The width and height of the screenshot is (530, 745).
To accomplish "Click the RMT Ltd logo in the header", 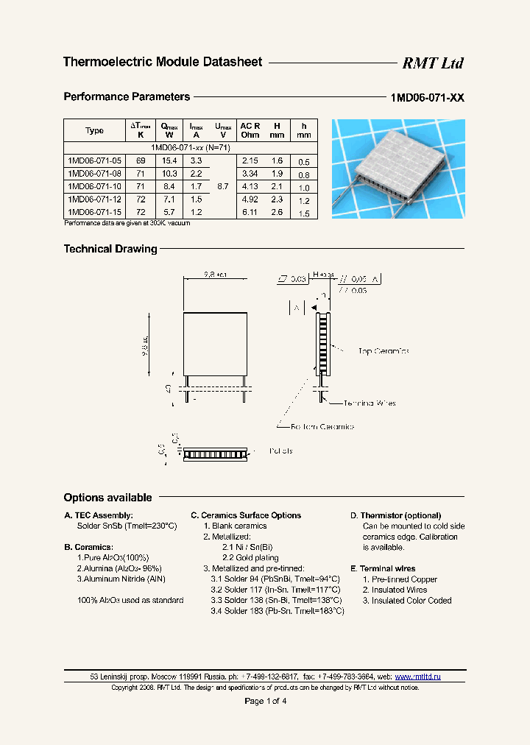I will (x=432, y=63).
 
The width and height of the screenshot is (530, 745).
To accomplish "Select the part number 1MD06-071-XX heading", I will (x=427, y=98).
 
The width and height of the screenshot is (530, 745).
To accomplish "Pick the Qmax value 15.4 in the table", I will (x=169, y=160).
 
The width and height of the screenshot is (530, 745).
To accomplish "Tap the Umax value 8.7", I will (x=222, y=187).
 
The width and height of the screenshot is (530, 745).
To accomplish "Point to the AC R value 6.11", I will (x=250, y=212).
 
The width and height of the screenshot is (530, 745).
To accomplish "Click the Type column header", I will (x=94, y=130).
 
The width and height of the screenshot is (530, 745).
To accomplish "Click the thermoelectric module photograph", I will (x=397, y=169).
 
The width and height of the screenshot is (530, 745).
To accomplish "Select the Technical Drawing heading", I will (x=110, y=249).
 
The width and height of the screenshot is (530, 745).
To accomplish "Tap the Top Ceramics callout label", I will (x=383, y=351).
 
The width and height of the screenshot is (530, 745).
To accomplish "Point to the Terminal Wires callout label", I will (x=370, y=403).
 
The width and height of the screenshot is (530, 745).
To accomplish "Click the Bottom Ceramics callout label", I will (x=322, y=426).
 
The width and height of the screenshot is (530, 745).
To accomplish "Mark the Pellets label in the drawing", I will (x=280, y=451).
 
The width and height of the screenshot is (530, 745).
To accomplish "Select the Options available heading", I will (x=107, y=498).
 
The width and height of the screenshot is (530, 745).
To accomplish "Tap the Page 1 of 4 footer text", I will (x=265, y=701).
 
